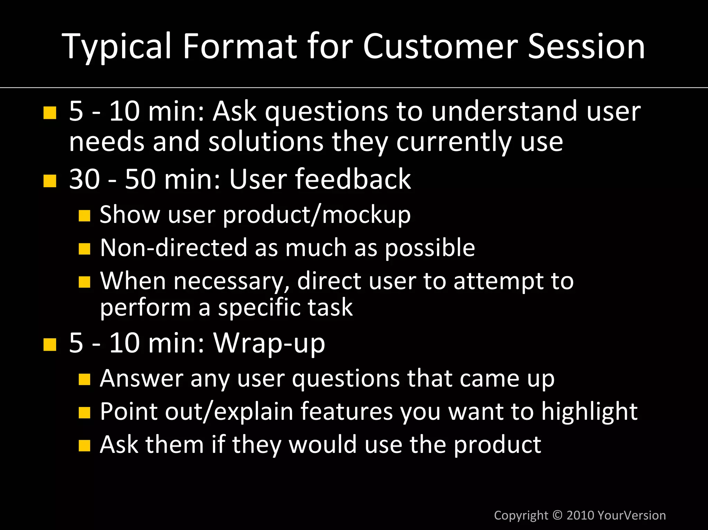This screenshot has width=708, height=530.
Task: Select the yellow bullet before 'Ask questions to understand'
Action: (x=50, y=113)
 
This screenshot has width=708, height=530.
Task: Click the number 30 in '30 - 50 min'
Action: (x=84, y=179)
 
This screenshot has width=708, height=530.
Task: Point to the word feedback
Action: (x=353, y=179)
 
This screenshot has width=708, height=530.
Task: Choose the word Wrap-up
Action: (x=269, y=343)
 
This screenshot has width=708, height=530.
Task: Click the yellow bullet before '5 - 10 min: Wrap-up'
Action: (x=50, y=344)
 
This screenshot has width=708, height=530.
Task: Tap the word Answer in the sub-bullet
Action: (x=141, y=378)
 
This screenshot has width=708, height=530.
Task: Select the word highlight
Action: (x=589, y=411)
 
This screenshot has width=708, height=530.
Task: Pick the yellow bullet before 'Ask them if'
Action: (x=84, y=446)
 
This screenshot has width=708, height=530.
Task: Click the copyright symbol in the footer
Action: (x=557, y=515)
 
